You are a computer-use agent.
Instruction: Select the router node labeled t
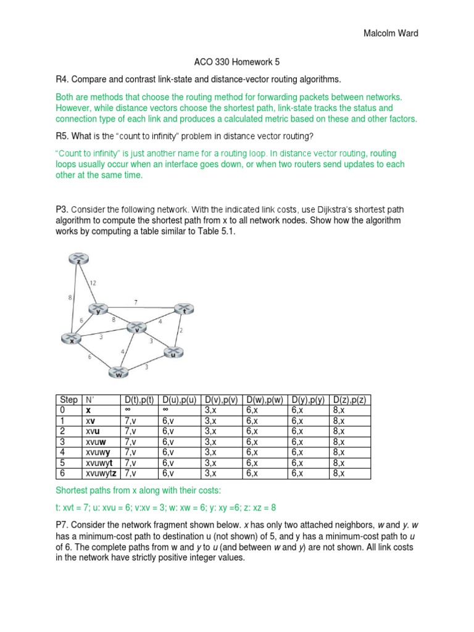(x=183, y=308)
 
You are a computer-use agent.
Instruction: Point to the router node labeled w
(x=117, y=372)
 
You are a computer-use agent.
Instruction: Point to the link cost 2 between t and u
(x=181, y=331)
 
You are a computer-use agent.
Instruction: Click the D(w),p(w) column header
(x=265, y=401)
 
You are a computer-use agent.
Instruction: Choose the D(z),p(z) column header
(x=350, y=401)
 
